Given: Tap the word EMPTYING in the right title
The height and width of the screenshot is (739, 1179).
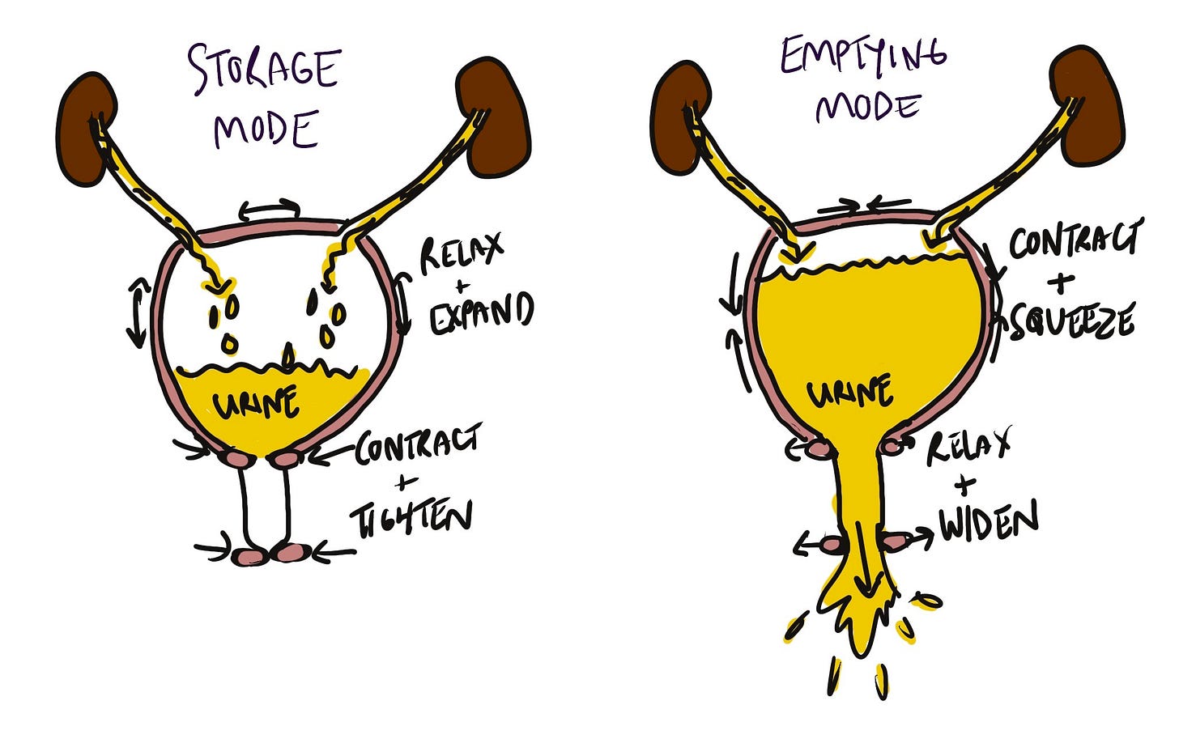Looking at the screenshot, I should pos(863,57).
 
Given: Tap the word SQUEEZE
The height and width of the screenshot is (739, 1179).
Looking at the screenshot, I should pos(1070,323).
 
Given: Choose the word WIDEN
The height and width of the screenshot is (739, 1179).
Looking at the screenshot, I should pos(988,525).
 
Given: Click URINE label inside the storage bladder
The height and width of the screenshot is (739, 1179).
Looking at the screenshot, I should pos(254,401).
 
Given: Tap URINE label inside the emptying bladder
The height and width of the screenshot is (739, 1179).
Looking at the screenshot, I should pos(849,393).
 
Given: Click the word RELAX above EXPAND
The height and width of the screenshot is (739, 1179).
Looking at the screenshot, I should pos(460,254).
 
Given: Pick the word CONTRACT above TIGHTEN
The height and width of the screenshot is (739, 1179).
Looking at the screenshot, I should pos(418,445).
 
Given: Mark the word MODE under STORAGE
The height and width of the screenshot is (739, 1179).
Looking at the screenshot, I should pos(265,130).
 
